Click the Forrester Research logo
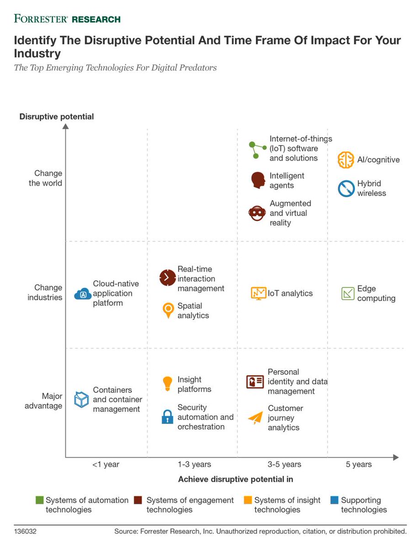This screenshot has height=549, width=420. pos(67,19)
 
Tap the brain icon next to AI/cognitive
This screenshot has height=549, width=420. pos(346,160)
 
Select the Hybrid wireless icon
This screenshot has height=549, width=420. pos(346,188)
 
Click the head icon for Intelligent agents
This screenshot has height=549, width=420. pos(258,180)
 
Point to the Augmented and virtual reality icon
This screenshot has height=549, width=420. pos(257,213)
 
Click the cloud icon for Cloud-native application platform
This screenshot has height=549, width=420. pos(83,294)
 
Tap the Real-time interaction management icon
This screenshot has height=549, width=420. pos(167,278)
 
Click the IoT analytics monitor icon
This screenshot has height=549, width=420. pos(258,293)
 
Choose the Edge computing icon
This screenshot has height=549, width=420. pos(348,293)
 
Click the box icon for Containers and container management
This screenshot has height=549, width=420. pos(81,399)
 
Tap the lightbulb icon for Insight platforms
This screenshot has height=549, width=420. pos(168,383)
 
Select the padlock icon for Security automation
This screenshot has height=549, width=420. pos(168,417)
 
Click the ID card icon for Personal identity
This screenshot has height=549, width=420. pos(255,382)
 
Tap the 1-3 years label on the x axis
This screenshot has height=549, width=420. pos(194,464)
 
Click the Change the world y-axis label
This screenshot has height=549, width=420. pos(48,178)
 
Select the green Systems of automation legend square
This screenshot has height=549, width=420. pos(39,500)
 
